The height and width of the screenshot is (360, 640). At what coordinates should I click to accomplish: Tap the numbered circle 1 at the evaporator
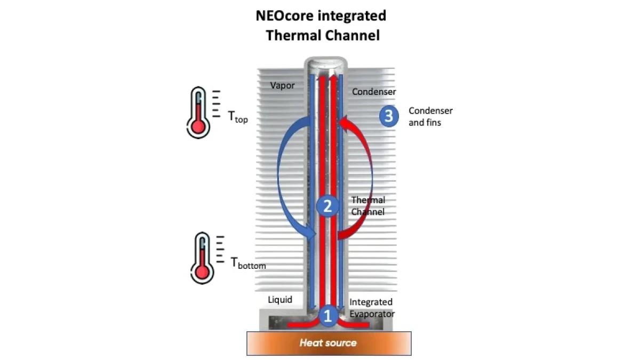tap(328, 316)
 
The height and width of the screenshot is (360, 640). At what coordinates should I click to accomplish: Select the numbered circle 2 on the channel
tap(327, 206)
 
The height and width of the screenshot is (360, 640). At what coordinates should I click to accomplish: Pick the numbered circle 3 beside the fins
tap(389, 116)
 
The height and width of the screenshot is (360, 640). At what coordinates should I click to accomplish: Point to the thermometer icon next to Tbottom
tap(202, 258)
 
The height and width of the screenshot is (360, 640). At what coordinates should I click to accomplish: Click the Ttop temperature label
tap(238, 118)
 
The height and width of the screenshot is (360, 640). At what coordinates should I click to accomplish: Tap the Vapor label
tap(282, 85)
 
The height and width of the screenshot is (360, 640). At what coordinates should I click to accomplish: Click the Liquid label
tap(280, 300)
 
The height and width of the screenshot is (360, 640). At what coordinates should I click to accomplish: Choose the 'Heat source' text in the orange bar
tap(328, 342)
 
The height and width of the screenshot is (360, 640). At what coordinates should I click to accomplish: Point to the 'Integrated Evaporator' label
tap(371, 308)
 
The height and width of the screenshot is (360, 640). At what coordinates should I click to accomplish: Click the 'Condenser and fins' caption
tap(430, 116)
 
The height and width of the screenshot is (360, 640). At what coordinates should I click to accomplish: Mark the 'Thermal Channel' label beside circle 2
tap(368, 206)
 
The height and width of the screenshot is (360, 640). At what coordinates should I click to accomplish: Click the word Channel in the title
tap(352, 36)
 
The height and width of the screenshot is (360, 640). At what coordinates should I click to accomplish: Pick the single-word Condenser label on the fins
tap(374, 92)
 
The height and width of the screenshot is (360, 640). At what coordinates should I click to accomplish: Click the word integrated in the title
tap(353, 16)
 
